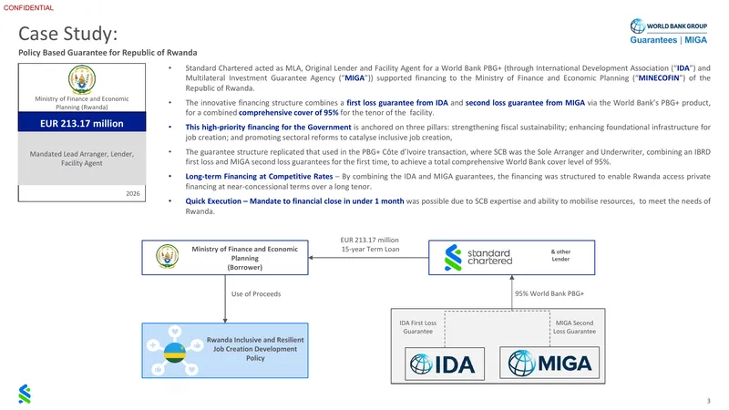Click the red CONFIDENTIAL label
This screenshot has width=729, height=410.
(x=28, y=8)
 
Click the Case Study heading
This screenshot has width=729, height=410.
(x=67, y=34)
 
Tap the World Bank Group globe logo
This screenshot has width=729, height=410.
(x=637, y=26)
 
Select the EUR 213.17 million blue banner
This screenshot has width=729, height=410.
(x=82, y=122)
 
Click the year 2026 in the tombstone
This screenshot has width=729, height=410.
(x=133, y=193)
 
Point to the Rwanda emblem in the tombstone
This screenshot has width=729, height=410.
(x=82, y=79)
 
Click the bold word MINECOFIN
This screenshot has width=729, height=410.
(x=659, y=78)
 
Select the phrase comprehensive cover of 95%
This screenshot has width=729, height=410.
(x=288, y=112)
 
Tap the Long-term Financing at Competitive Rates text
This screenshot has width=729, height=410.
(x=259, y=177)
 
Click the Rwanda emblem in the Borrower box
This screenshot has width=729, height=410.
(x=168, y=257)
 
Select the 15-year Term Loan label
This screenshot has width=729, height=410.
(x=370, y=249)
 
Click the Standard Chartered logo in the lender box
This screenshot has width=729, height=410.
(x=477, y=257)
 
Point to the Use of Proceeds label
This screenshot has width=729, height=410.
(x=256, y=294)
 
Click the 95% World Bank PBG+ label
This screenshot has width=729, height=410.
(x=549, y=293)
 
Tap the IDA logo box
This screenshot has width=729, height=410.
(x=445, y=364)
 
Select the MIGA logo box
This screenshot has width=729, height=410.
(x=549, y=363)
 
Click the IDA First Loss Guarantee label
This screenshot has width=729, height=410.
(x=418, y=327)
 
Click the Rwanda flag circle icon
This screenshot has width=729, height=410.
(x=175, y=353)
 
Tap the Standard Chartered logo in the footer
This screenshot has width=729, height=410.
(x=25, y=395)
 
